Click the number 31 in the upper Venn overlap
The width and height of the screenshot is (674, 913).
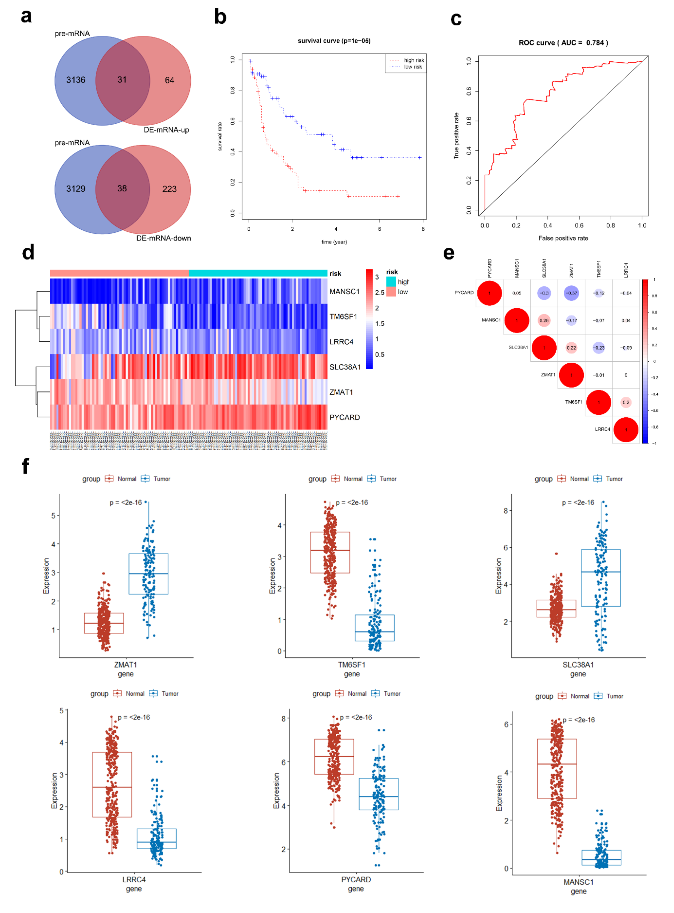(122, 79)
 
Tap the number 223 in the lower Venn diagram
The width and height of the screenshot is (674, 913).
(169, 189)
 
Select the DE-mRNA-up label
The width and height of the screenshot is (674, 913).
(166, 130)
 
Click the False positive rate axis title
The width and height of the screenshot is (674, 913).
(563, 238)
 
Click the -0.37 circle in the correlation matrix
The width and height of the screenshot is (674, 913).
(571, 293)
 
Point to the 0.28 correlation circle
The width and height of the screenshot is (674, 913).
(544, 320)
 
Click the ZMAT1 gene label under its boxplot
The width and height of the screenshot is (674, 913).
(126, 665)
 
